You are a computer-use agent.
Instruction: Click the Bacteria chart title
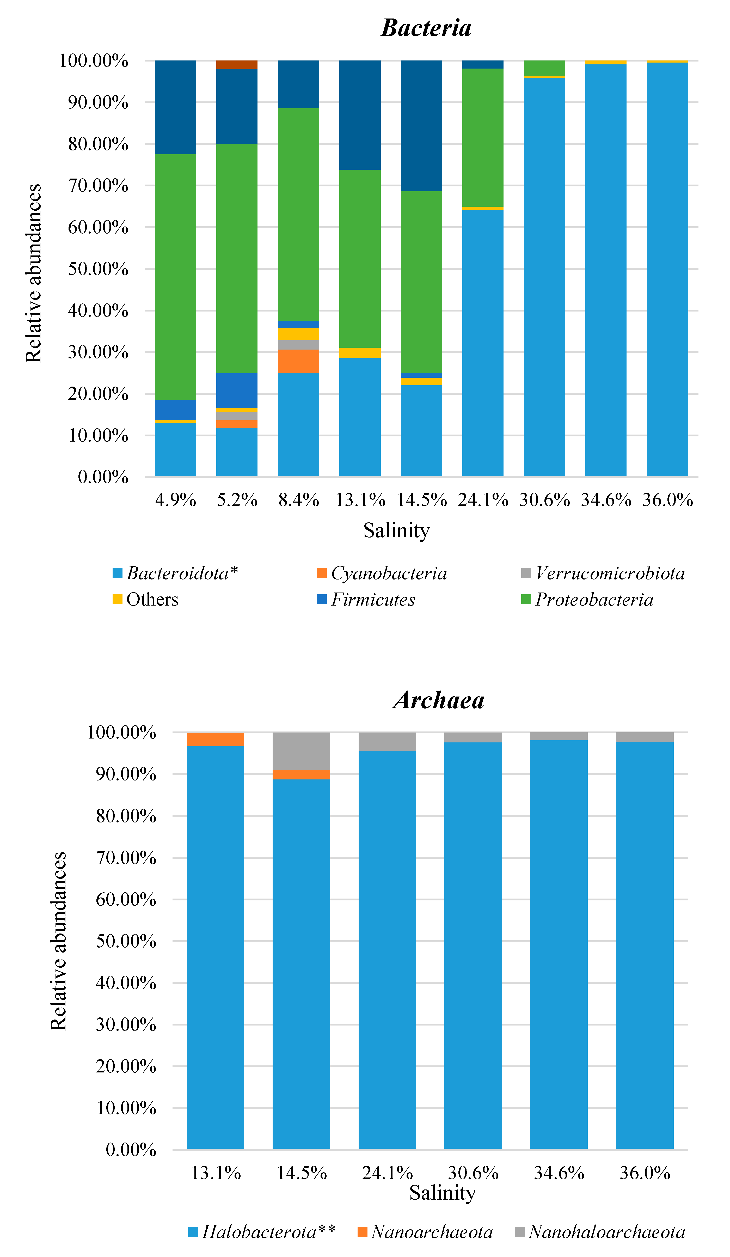426,28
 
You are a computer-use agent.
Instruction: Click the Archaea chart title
438,700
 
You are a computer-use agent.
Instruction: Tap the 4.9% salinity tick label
175,500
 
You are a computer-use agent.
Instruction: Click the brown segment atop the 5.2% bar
237,64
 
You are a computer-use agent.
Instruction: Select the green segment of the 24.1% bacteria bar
483,137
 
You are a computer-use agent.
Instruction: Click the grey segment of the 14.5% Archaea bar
301,751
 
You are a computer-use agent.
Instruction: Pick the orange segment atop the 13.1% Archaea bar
216,739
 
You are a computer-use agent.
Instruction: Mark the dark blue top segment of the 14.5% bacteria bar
421,126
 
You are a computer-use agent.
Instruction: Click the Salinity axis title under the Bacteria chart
396,530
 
